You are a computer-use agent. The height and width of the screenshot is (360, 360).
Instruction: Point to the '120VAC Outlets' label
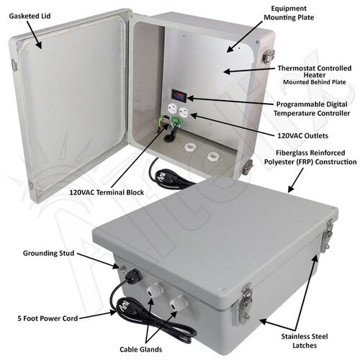pos(303,135)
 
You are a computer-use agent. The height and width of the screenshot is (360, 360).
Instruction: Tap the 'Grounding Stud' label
pos(46,253)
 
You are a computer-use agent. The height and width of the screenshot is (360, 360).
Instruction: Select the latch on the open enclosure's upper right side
pos(268,55)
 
